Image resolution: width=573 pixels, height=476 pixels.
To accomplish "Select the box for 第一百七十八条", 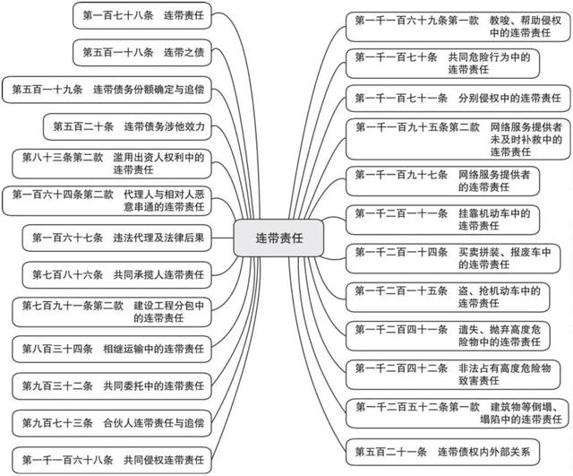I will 142,15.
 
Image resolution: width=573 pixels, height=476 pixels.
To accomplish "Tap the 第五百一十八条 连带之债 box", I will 143,53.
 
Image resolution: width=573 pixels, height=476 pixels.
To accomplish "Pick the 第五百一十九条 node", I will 108,91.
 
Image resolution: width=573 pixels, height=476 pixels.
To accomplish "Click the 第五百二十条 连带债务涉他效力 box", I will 129,127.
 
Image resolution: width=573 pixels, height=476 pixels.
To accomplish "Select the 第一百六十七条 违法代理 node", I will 116,238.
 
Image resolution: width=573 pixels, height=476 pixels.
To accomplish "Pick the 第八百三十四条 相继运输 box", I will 113,347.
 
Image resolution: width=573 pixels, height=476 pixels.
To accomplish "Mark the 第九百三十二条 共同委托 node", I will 113,385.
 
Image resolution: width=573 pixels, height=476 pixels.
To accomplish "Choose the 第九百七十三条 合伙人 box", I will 113,421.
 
